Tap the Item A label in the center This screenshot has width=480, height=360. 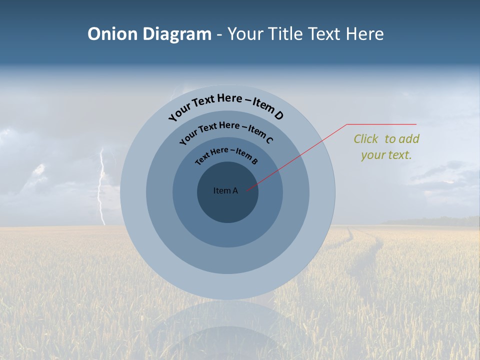tap(225, 190)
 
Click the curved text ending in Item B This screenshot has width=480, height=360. tap(226, 155)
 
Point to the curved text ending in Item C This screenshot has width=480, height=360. tap(226, 131)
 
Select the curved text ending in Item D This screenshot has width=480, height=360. tap(226, 103)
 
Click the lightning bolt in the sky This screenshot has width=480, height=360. tap(102, 185)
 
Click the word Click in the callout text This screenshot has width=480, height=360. tap(366, 139)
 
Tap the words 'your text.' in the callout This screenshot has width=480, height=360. tap(386, 155)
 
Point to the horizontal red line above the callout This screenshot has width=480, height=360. tap(381, 124)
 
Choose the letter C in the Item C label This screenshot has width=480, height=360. tap(269, 140)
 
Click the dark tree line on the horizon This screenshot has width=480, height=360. tap(440, 221)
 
